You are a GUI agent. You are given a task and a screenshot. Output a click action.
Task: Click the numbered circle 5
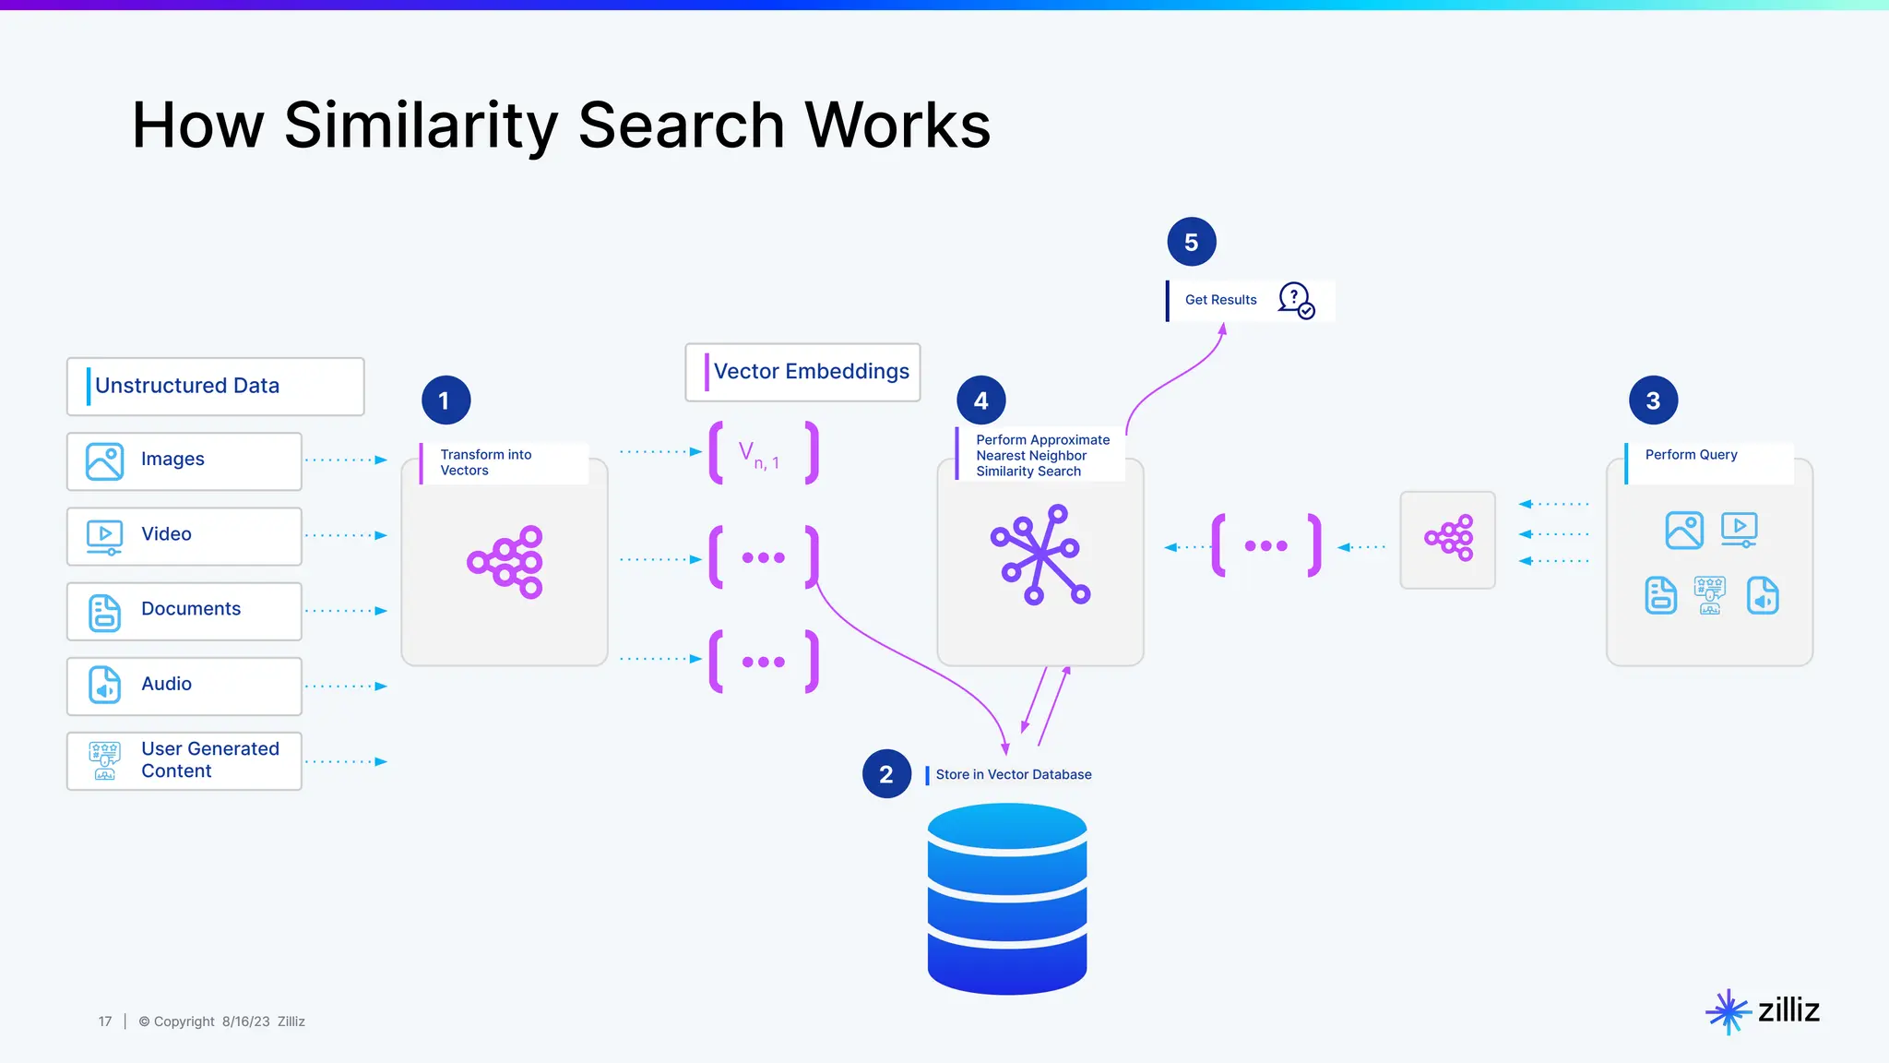pos(1191,243)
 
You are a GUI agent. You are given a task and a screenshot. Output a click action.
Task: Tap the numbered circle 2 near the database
pos(886,774)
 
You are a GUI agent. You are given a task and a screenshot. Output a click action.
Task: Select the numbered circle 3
pos(1653,400)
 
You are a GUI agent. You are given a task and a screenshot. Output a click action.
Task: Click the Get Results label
pos(1220,300)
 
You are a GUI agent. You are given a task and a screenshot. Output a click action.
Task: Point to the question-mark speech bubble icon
pos(1296,301)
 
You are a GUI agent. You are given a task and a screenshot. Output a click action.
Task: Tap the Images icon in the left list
pos(104,461)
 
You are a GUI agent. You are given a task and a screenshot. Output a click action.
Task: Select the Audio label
pos(166,684)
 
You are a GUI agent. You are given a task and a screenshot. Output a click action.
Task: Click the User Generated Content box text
pos(209,759)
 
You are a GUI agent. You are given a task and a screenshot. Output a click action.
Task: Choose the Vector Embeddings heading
pos(811,372)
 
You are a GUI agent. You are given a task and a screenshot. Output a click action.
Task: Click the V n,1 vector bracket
pos(763,453)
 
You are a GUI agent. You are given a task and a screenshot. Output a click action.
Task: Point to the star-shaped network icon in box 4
pos(1040,555)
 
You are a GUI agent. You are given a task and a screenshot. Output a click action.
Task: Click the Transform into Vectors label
pos(486,462)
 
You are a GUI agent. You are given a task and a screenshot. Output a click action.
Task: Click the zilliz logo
pos(1763,1011)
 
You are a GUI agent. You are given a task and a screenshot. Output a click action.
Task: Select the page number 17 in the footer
pos(105,1021)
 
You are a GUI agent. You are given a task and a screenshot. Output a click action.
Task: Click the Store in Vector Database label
pos(1013,775)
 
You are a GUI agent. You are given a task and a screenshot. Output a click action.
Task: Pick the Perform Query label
pos(1691,455)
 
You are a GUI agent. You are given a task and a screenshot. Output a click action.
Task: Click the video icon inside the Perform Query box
pos(1739,530)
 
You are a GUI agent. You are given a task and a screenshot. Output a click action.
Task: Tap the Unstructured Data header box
pos(215,387)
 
